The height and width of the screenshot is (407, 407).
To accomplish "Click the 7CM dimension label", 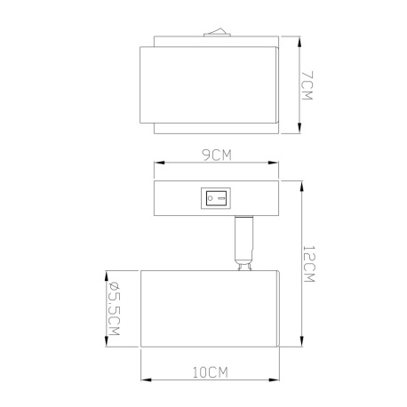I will pos(305,85).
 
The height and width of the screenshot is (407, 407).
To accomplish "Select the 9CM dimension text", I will pos(216,156).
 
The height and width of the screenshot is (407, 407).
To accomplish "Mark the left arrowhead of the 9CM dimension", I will pos(158,164).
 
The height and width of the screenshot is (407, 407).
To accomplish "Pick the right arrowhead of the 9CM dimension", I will pos(273,164).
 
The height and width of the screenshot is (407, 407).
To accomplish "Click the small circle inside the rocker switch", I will pos(211,198).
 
